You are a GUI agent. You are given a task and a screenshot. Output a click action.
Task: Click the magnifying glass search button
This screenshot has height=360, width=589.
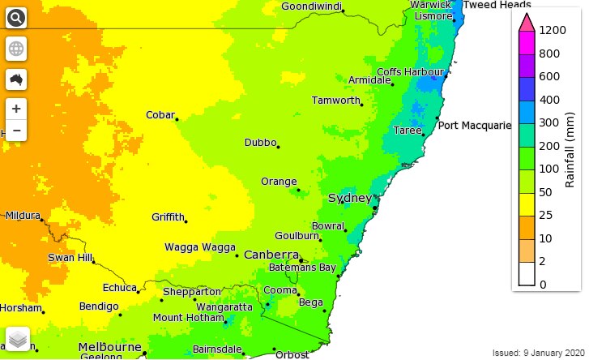pyautogui.click(x=16, y=17)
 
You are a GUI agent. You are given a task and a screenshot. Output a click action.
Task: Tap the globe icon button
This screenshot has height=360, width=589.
pyautogui.click(x=16, y=49)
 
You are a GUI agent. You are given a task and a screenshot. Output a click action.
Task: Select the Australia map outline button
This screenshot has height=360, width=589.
pyautogui.click(x=16, y=79)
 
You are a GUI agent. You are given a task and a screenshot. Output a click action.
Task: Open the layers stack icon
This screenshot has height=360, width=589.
pyautogui.click(x=18, y=337)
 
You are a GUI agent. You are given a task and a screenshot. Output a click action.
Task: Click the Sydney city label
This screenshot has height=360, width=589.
pyautogui.click(x=350, y=199)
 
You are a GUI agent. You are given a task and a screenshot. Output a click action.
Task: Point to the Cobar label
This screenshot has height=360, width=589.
pyautogui.click(x=160, y=115)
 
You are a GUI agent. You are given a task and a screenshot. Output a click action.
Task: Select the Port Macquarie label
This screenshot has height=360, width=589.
pyautogui.click(x=475, y=126)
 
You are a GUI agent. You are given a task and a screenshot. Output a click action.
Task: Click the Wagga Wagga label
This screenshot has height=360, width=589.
pyautogui.click(x=199, y=247)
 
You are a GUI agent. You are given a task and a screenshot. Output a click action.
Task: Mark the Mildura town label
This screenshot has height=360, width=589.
pyautogui.click(x=23, y=216)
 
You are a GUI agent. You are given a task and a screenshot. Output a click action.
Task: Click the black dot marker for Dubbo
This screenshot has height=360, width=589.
pyautogui.click(x=278, y=147)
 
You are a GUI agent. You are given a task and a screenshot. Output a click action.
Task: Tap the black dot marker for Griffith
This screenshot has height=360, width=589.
pyautogui.click(x=186, y=221)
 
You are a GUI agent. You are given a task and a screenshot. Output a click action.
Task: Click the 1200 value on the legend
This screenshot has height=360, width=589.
pyautogui.click(x=553, y=30)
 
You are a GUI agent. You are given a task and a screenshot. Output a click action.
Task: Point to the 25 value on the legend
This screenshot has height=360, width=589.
pyautogui.click(x=547, y=215)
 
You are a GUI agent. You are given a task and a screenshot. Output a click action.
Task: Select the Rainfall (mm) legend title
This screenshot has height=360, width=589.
pyautogui.click(x=570, y=156)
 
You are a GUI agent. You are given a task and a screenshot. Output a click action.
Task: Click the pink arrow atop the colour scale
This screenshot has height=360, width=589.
pyautogui.click(x=525, y=22)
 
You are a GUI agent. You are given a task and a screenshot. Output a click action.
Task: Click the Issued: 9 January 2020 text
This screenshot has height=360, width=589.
pyautogui.click(x=537, y=354)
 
